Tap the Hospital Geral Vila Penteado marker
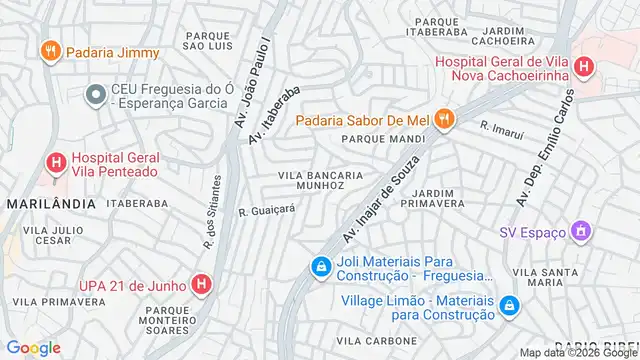[x=56, y=161]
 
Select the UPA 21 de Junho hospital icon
[x=202, y=284]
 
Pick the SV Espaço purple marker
[x=581, y=232]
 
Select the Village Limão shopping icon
[x=510, y=304]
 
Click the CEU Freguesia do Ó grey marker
[x=96, y=95]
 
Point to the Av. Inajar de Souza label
[x=377, y=207]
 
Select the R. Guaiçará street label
[x=267, y=210]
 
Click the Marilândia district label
[x=50, y=203]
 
